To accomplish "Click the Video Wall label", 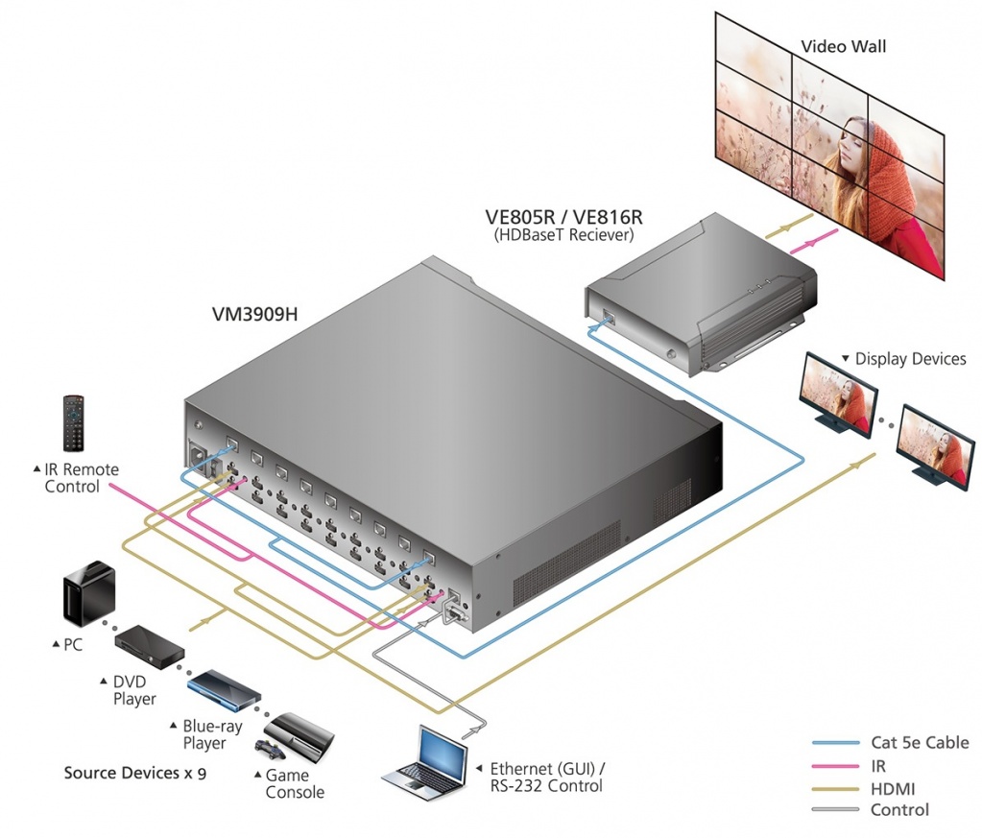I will tap(844, 46).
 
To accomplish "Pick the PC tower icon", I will tap(89, 594).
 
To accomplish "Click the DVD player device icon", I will tap(150, 647).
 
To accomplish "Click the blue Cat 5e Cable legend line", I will tap(835, 742).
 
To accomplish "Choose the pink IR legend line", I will tap(835, 766).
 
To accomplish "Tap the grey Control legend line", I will tap(835, 810).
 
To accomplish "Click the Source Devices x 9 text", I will tap(135, 772).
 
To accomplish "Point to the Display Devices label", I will tap(909, 359).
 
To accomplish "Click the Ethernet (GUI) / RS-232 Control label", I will tap(547, 777).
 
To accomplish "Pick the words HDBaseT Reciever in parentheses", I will tap(563, 233).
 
